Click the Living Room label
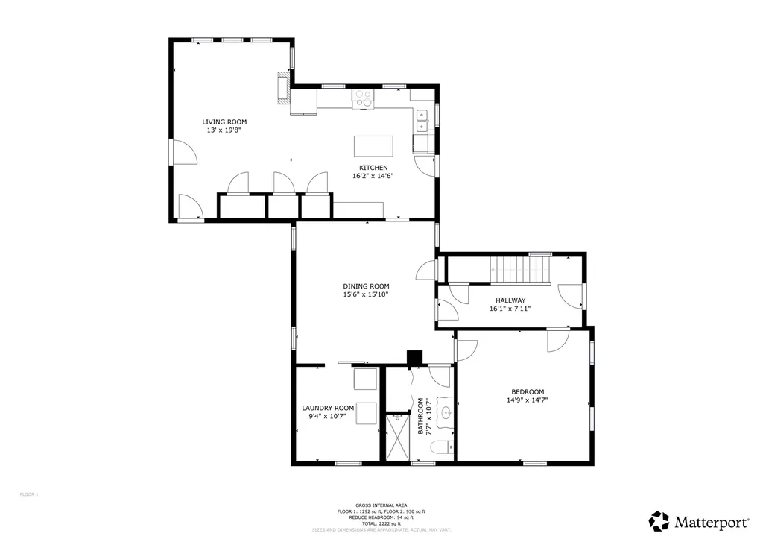click(224, 122)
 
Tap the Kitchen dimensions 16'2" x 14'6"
click(373, 177)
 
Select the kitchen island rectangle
click(373, 144)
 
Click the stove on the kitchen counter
click(364, 98)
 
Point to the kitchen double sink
click(422, 121)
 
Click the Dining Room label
click(366, 286)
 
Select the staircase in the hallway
click(519, 269)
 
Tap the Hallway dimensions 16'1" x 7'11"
click(510, 309)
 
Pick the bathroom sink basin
click(446, 412)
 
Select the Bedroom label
click(527, 392)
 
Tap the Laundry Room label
click(327, 408)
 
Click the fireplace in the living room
click(283, 88)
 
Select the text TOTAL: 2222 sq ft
click(381, 524)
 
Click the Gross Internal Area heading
click(381, 505)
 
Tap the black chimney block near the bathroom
click(414, 358)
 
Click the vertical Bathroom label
click(420, 416)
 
